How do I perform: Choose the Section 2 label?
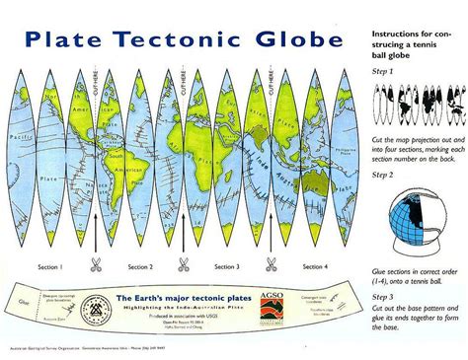(138, 267)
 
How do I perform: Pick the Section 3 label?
(227, 267)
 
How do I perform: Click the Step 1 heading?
(381, 72)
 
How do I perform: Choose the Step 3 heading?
(381, 295)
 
